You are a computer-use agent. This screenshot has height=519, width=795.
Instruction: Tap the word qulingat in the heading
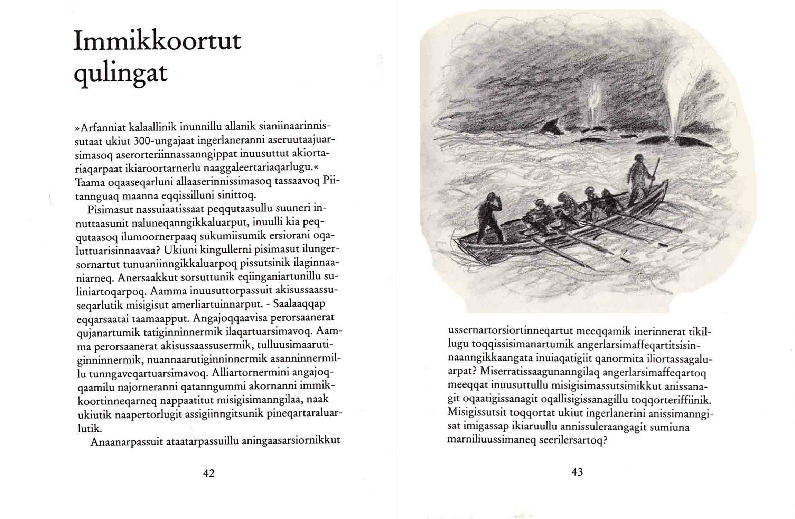pyautogui.click(x=121, y=73)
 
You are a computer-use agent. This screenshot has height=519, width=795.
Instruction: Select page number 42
pyautogui.click(x=209, y=473)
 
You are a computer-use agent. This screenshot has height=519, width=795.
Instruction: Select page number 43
pyautogui.click(x=577, y=472)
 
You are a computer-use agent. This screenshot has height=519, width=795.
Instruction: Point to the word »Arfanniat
pyautogui.click(x=100, y=128)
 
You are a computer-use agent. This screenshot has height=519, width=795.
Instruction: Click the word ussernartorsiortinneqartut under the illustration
pyautogui.click(x=510, y=331)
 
